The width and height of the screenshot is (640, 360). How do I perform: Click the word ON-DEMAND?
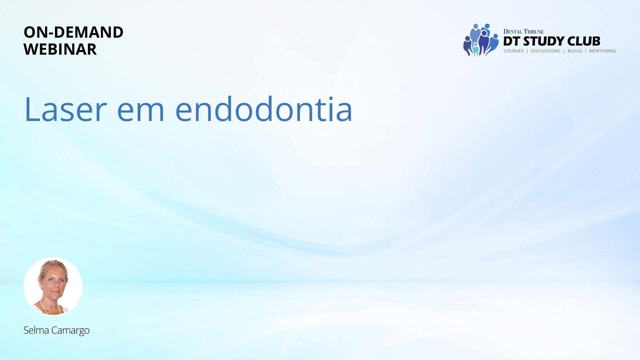click(73, 32)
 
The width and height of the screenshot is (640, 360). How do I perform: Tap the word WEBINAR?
click(60, 49)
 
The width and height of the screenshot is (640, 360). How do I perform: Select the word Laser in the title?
click(66, 109)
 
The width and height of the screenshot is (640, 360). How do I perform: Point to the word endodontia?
click(264, 109)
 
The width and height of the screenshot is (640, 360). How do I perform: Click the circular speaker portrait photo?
click(53, 286)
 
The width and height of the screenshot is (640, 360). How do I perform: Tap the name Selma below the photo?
click(36, 330)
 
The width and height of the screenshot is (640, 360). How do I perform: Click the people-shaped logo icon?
click(481, 40)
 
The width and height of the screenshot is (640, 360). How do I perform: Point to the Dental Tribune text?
click(523, 32)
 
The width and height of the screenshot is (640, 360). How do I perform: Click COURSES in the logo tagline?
click(514, 51)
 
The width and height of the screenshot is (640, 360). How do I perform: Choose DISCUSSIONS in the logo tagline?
click(546, 51)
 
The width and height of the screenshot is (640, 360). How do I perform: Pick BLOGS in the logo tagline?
click(575, 51)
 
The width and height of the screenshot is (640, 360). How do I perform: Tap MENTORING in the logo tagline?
click(602, 51)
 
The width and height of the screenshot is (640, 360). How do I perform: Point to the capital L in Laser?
click(33, 109)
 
